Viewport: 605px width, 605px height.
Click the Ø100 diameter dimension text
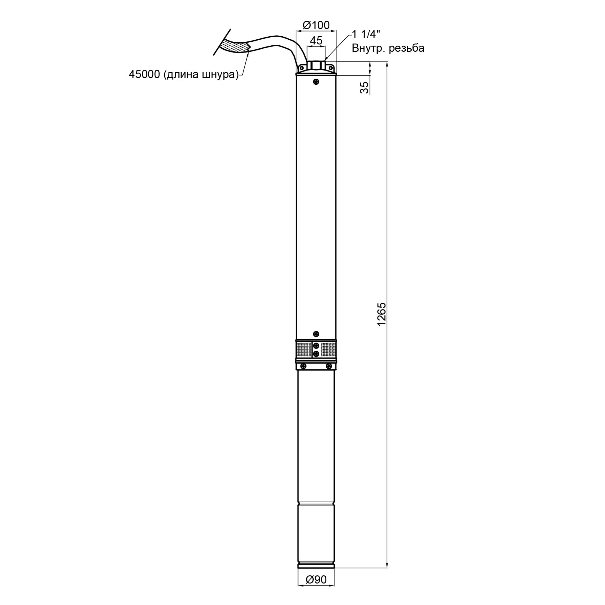click(x=316, y=25)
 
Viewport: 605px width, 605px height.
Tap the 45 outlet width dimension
click(x=316, y=41)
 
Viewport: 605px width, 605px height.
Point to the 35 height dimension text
click(x=364, y=87)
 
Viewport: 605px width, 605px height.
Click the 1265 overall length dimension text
click(x=382, y=314)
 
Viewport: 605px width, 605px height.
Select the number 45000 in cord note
click(x=144, y=75)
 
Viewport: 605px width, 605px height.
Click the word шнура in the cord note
click(x=217, y=75)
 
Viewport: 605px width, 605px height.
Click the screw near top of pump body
click(x=316, y=82)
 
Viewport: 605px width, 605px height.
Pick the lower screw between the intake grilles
click(x=316, y=354)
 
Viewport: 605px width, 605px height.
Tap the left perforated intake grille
click(x=304, y=350)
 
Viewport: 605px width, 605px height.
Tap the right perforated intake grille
click(x=328, y=350)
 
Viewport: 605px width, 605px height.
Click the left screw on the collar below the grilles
click(x=303, y=366)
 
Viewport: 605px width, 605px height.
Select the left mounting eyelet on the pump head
click(x=301, y=68)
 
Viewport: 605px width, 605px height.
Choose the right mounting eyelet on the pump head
click(x=331, y=68)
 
